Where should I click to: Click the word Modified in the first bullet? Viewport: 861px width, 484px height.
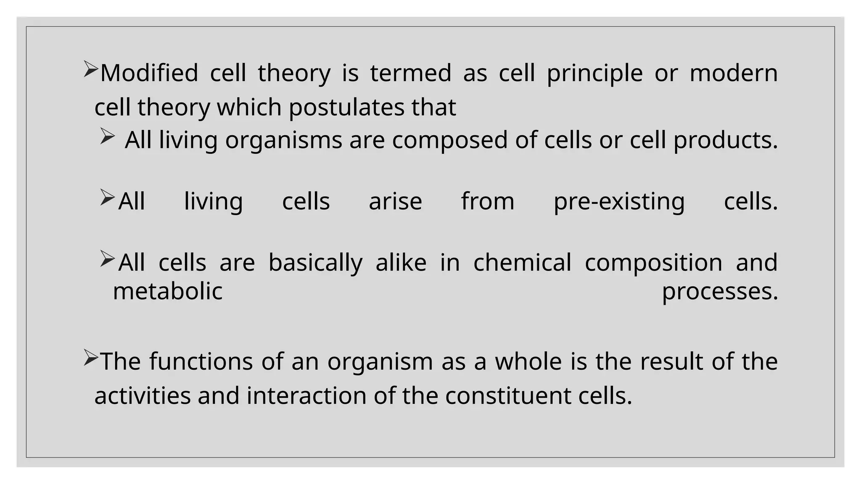click(149, 73)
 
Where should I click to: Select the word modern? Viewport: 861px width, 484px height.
click(734, 73)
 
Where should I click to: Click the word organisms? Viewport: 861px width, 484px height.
click(284, 140)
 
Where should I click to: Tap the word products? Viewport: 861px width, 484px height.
click(726, 140)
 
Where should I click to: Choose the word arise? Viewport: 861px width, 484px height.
click(395, 201)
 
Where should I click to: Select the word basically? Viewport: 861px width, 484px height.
click(315, 263)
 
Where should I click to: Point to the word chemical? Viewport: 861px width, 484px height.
click(522, 263)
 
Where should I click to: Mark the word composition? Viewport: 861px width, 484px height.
click(653, 263)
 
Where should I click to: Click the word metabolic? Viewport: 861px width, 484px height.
click(168, 291)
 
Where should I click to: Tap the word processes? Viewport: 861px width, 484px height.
click(720, 292)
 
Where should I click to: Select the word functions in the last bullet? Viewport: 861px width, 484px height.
click(201, 361)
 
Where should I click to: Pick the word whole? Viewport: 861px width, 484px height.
click(528, 361)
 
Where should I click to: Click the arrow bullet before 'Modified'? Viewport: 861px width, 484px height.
click(90, 69)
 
